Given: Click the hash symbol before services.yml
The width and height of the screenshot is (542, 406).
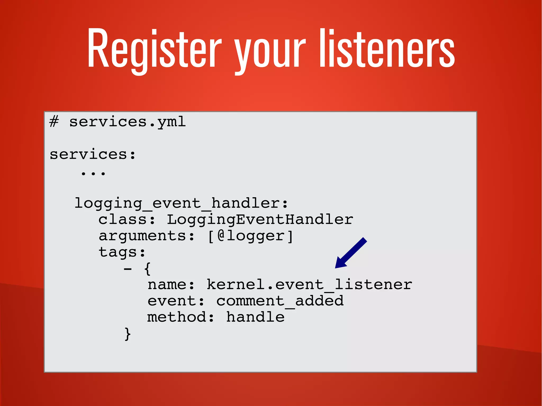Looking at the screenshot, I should [x=54, y=122].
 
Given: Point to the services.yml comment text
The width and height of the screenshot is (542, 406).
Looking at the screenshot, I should [x=127, y=122].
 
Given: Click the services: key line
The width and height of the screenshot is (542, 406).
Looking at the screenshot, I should [x=93, y=154].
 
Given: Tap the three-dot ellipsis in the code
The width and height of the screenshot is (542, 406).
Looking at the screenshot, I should [x=93, y=173].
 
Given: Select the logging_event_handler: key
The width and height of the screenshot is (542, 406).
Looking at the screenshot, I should [x=181, y=203].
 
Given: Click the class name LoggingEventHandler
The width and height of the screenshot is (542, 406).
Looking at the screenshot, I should [x=260, y=220].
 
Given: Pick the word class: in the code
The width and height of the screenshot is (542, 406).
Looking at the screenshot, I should [x=127, y=220].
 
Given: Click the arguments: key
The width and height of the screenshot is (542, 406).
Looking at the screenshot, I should [x=147, y=236].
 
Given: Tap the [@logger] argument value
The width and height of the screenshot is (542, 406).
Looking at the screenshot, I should [x=250, y=236].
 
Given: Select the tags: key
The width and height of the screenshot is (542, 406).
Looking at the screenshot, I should [x=122, y=252].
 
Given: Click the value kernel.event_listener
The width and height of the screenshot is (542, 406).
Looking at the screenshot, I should [x=309, y=285].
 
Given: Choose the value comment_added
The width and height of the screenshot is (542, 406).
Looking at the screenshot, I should [x=280, y=301].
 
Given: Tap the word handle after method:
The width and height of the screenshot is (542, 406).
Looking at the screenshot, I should [x=255, y=317].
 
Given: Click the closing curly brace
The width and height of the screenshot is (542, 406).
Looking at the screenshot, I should [x=128, y=334].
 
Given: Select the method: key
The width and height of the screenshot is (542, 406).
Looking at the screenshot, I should [x=181, y=317].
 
